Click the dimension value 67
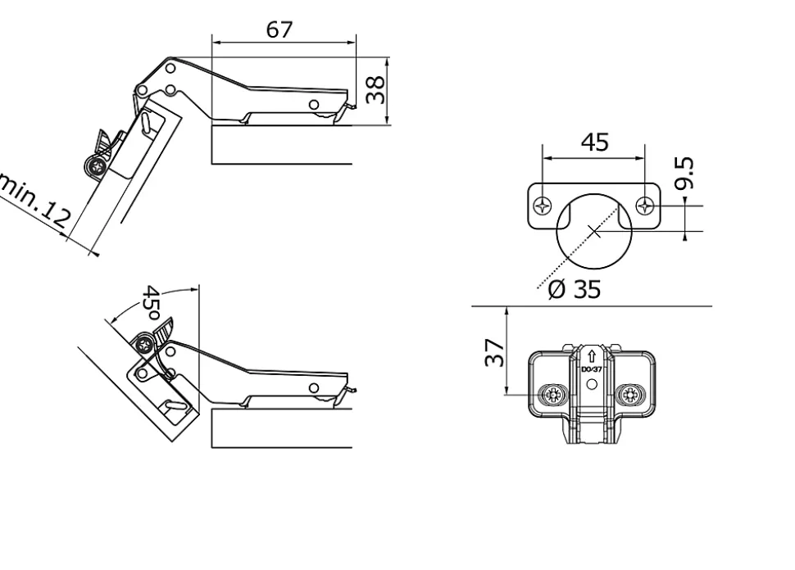tap(279, 29)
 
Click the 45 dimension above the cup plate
tap(595, 142)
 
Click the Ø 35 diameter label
tap(575, 289)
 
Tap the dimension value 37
tap(495, 353)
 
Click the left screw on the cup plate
tap(541, 206)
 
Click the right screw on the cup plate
tap(647, 206)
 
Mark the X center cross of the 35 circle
tap(596, 233)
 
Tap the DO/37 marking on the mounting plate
tap(592, 370)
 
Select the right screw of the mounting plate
tap(634, 396)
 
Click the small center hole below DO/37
tap(592, 382)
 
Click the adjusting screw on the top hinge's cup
tap(96, 168)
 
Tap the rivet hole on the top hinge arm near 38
tap(314, 105)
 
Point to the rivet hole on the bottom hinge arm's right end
tap(314, 387)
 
